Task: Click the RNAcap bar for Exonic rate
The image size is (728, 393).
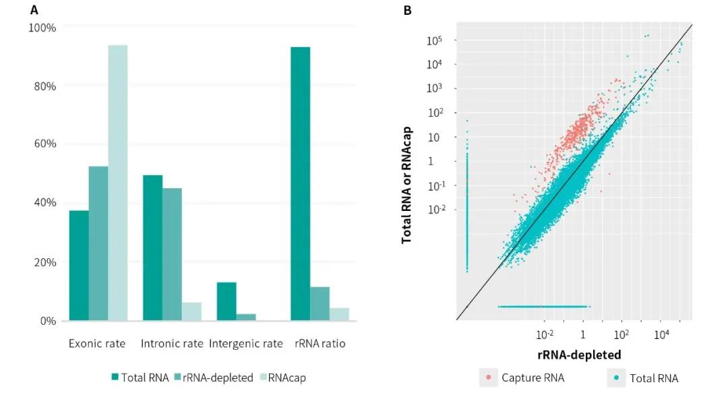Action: pyautogui.click(x=118, y=183)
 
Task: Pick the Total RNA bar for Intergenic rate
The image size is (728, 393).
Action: pyautogui.click(x=226, y=301)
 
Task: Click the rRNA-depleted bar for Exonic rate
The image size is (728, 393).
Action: pyautogui.click(x=98, y=243)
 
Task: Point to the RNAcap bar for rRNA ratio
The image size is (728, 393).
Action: pyautogui.click(x=340, y=314)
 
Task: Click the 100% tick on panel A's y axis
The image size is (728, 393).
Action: pyautogui.click(x=41, y=28)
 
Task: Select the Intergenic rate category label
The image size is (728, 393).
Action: pyautogui.click(x=246, y=344)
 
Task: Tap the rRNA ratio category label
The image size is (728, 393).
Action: pyautogui.click(x=320, y=344)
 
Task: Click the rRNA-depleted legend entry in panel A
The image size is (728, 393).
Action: pyautogui.click(x=214, y=377)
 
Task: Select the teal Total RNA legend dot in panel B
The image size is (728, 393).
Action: pyautogui.click(x=617, y=377)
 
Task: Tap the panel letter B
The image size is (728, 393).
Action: pyautogui.click(x=407, y=10)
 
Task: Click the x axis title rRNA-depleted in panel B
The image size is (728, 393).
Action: pyautogui.click(x=579, y=354)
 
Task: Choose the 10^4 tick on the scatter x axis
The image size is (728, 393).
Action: pyautogui.click(x=661, y=334)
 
